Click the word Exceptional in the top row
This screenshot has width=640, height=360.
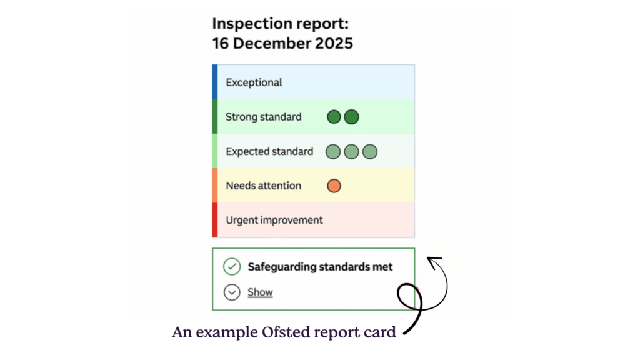tap(254, 82)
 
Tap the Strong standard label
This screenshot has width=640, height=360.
tap(263, 117)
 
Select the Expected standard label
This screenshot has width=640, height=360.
tap(269, 151)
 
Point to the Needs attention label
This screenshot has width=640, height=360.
tap(263, 186)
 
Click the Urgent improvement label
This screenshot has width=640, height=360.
tap(274, 220)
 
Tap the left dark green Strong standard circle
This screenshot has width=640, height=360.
tap(334, 117)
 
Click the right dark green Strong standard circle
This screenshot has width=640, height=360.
tap(352, 117)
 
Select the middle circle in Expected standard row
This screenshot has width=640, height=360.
tap(352, 151)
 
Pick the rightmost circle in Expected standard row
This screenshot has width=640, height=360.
tap(370, 151)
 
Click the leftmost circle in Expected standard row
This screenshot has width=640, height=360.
tap(333, 151)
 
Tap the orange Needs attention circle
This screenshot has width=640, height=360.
tap(334, 186)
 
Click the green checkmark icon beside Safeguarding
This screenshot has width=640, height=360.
tap(232, 267)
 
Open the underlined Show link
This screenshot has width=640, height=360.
tap(260, 292)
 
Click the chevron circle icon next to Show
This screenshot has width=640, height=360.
tap(232, 292)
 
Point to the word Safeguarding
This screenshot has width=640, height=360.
tap(282, 267)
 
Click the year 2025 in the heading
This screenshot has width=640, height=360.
tap(332, 44)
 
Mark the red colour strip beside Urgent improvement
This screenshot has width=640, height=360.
tap(215, 220)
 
